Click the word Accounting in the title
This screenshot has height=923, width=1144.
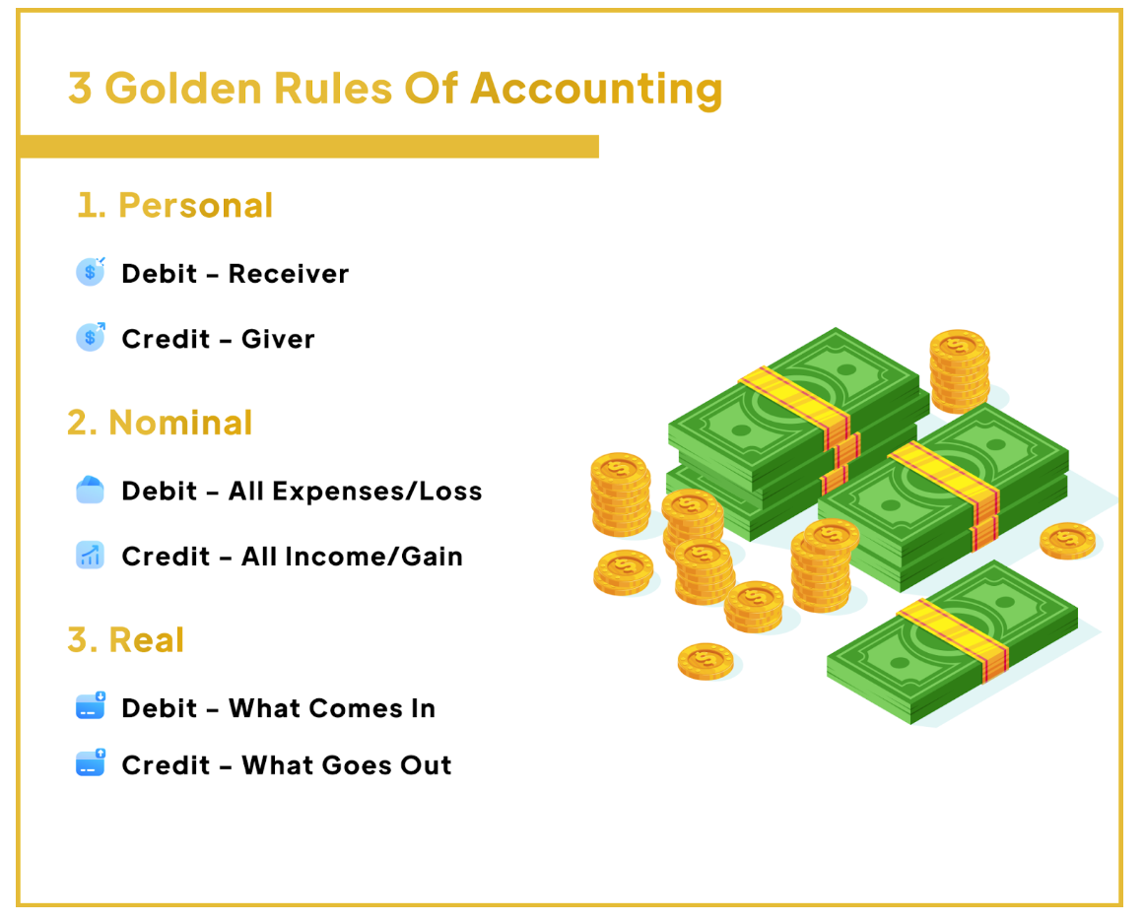click(596, 90)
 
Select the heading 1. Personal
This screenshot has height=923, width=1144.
click(175, 205)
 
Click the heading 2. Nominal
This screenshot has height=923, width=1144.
click(160, 423)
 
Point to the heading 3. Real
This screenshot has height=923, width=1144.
click(125, 640)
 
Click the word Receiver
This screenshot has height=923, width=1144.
click(289, 274)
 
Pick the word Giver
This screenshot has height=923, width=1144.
click(278, 339)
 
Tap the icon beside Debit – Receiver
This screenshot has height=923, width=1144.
click(91, 272)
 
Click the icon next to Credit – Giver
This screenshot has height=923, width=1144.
click(91, 337)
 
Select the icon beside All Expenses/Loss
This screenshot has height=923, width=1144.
click(91, 490)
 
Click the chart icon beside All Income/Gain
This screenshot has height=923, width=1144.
click(91, 556)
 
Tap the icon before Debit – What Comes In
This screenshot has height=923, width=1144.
click(91, 706)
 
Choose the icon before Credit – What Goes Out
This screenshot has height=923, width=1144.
click(91, 763)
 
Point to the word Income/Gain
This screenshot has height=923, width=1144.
click(373, 557)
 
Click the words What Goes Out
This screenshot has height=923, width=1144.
click(347, 765)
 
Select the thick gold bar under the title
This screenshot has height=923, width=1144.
click(309, 146)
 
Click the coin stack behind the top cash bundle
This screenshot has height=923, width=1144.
click(960, 370)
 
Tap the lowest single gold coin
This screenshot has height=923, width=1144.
click(706, 661)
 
